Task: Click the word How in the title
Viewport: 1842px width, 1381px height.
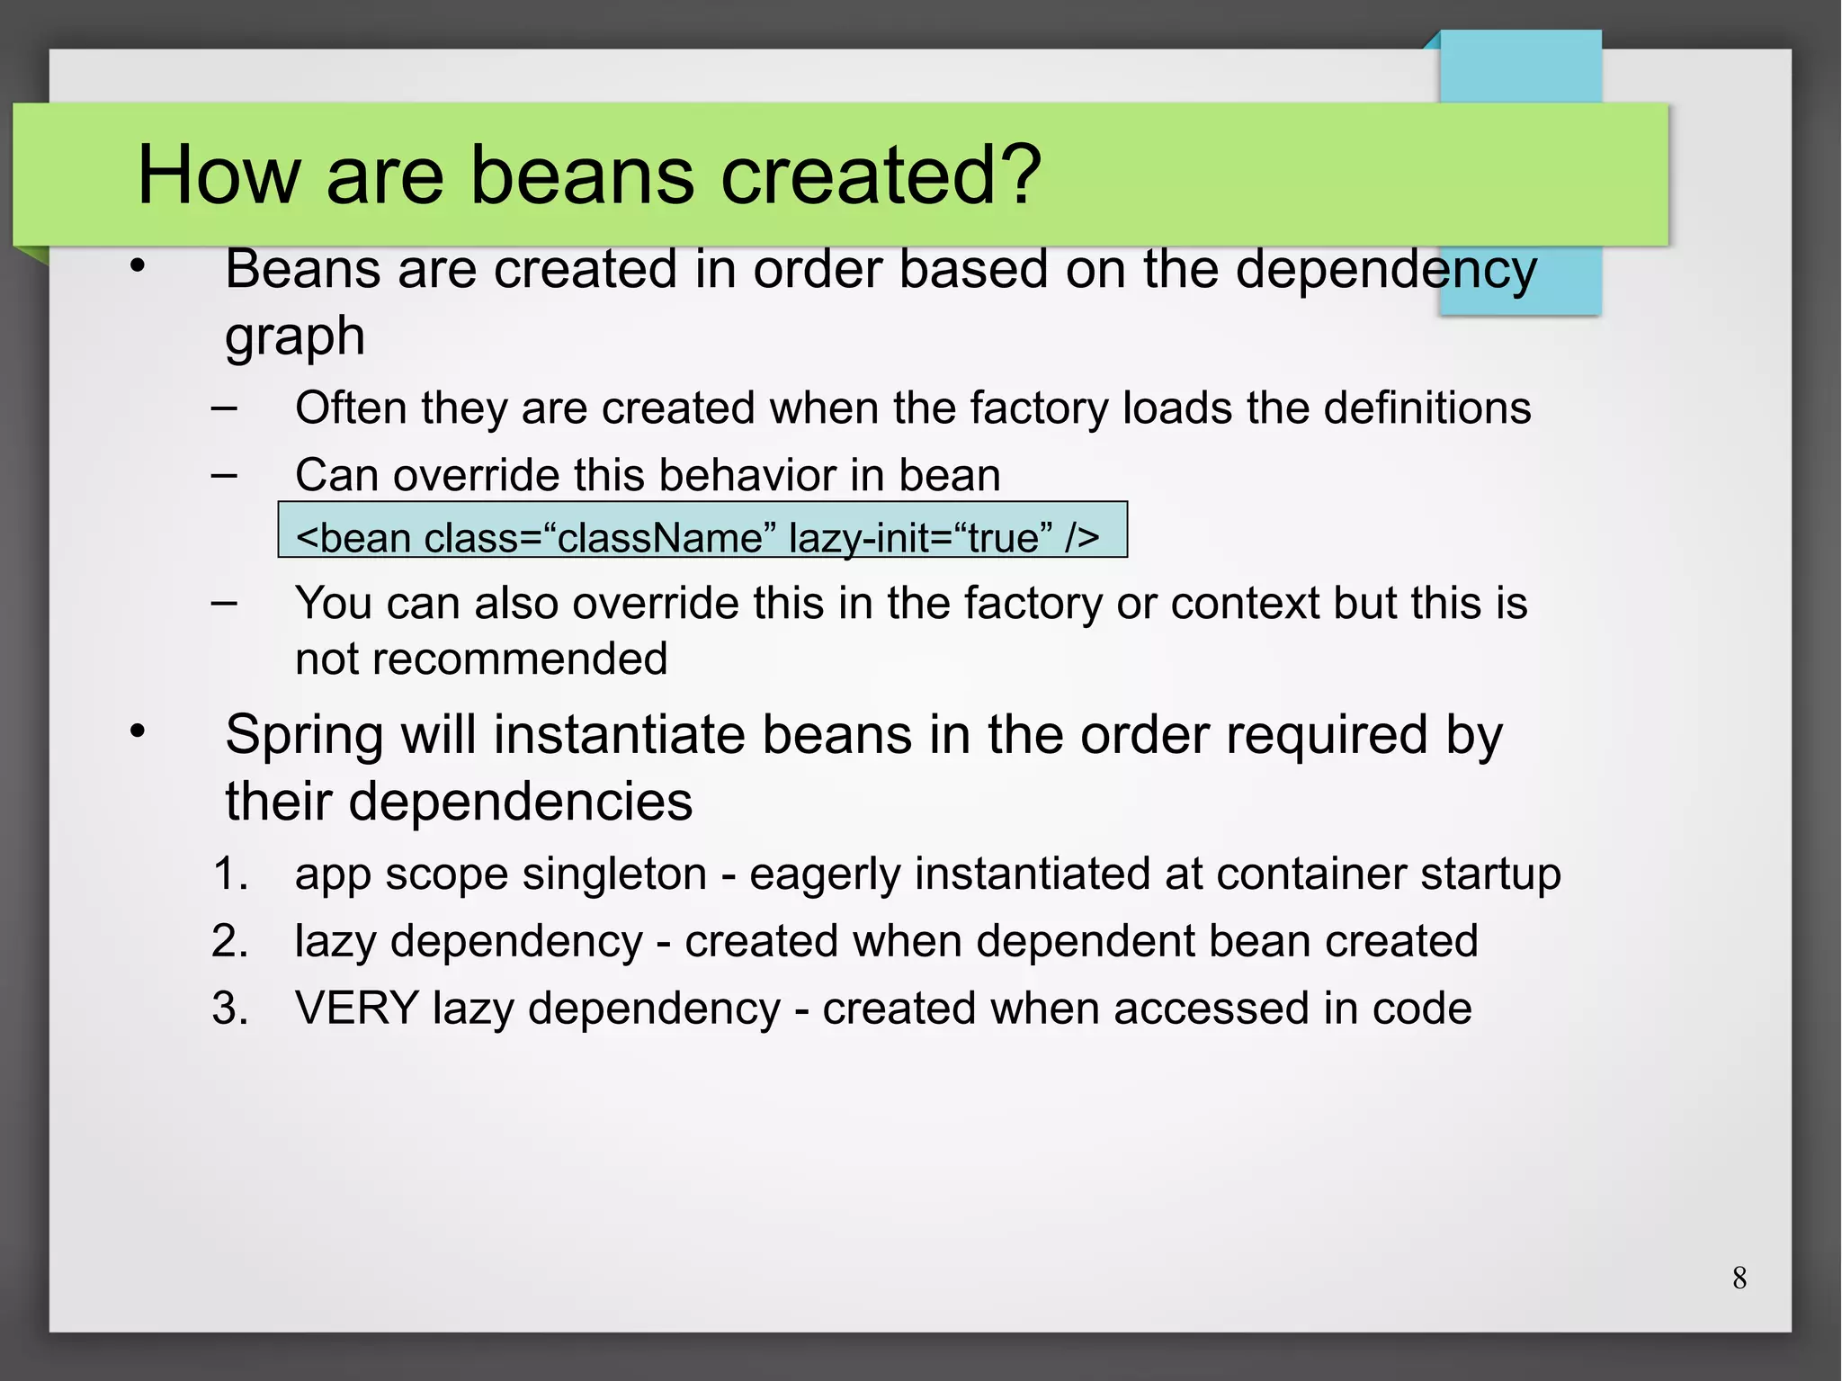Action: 218,175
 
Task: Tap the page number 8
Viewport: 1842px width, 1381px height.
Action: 1739,1278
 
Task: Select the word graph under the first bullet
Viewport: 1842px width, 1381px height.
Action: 295,337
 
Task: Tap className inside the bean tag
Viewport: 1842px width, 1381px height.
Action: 660,538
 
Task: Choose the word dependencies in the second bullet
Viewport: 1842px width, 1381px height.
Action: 521,801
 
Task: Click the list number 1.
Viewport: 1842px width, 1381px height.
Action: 230,874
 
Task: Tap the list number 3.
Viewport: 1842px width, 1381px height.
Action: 230,1008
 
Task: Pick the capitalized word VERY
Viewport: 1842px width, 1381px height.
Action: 357,1008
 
